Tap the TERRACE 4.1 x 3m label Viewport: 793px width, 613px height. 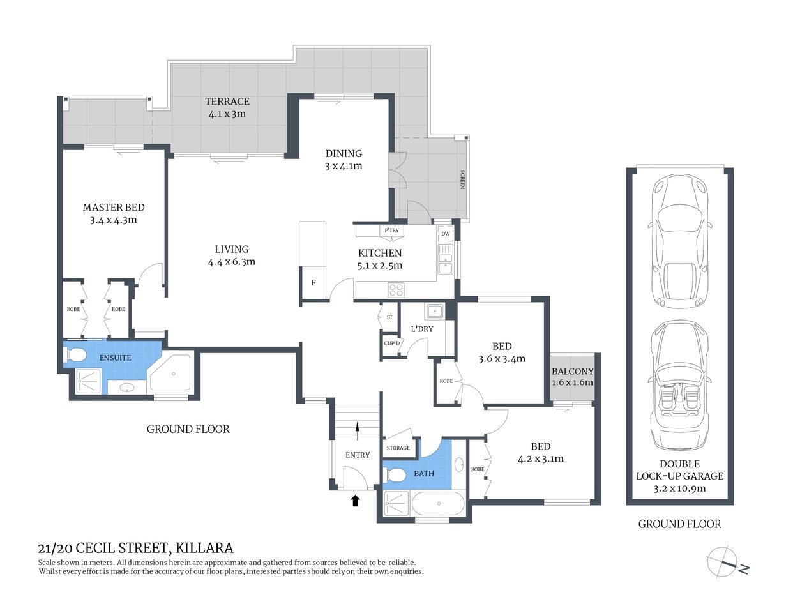tap(227, 107)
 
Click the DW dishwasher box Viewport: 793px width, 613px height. tap(446, 234)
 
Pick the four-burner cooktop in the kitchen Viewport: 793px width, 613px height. tap(396, 290)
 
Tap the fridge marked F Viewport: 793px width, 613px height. tap(313, 283)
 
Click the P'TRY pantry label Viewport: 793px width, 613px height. tap(391, 231)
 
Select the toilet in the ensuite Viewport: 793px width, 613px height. tap(77, 356)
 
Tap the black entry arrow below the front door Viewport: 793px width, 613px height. tap(355, 501)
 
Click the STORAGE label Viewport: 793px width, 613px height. tap(398, 448)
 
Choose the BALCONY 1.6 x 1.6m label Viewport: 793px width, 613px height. tap(573, 377)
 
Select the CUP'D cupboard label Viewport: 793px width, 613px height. tap(392, 344)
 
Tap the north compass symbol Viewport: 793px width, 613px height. tap(728, 563)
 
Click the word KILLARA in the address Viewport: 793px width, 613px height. tap(204, 548)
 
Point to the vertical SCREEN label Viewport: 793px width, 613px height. tap(462, 179)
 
